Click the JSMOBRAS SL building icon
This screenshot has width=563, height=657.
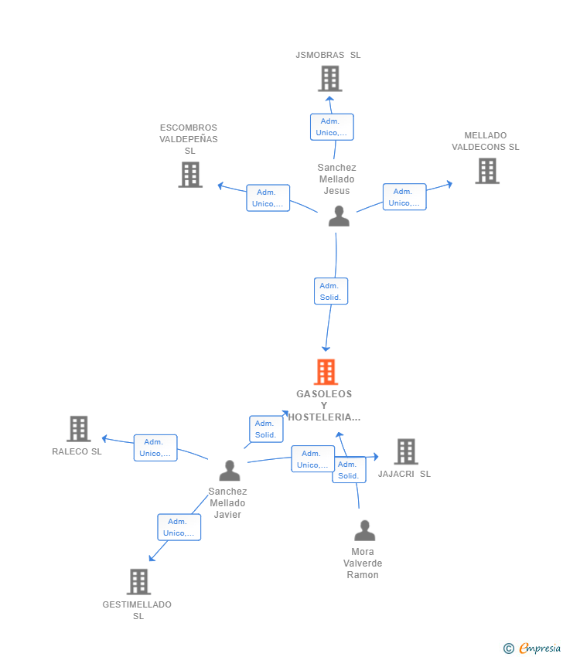tap(330, 79)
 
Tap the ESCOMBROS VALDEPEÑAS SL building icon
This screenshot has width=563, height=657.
tap(190, 175)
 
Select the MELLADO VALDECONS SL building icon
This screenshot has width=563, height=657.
tap(487, 171)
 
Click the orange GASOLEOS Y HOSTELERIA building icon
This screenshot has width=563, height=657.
tap(326, 372)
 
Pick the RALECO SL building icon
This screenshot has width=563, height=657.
tap(78, 429)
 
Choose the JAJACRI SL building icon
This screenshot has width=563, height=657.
tap(406, 451)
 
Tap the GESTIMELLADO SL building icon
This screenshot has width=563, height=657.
tap(138, 581)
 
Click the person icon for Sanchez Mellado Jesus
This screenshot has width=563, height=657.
tap(339, 216)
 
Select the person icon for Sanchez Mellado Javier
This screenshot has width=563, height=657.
tap(230, 470)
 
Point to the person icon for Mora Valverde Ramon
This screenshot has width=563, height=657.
tap(364, 530)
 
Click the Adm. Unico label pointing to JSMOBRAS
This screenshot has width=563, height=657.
tap(332, 127)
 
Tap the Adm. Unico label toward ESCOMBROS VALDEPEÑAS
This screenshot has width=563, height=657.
tap(268, 198)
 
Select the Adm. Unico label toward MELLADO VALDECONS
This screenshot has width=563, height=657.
tap(404, 196)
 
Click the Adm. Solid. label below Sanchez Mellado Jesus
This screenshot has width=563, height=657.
tap(331, 291)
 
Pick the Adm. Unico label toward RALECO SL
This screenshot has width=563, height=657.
tap(155, 448)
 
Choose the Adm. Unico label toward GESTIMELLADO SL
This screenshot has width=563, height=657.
tap(179, 527)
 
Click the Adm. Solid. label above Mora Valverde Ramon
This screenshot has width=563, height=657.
tap(349, 470)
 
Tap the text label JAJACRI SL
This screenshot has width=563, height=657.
tap(404, 474)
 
